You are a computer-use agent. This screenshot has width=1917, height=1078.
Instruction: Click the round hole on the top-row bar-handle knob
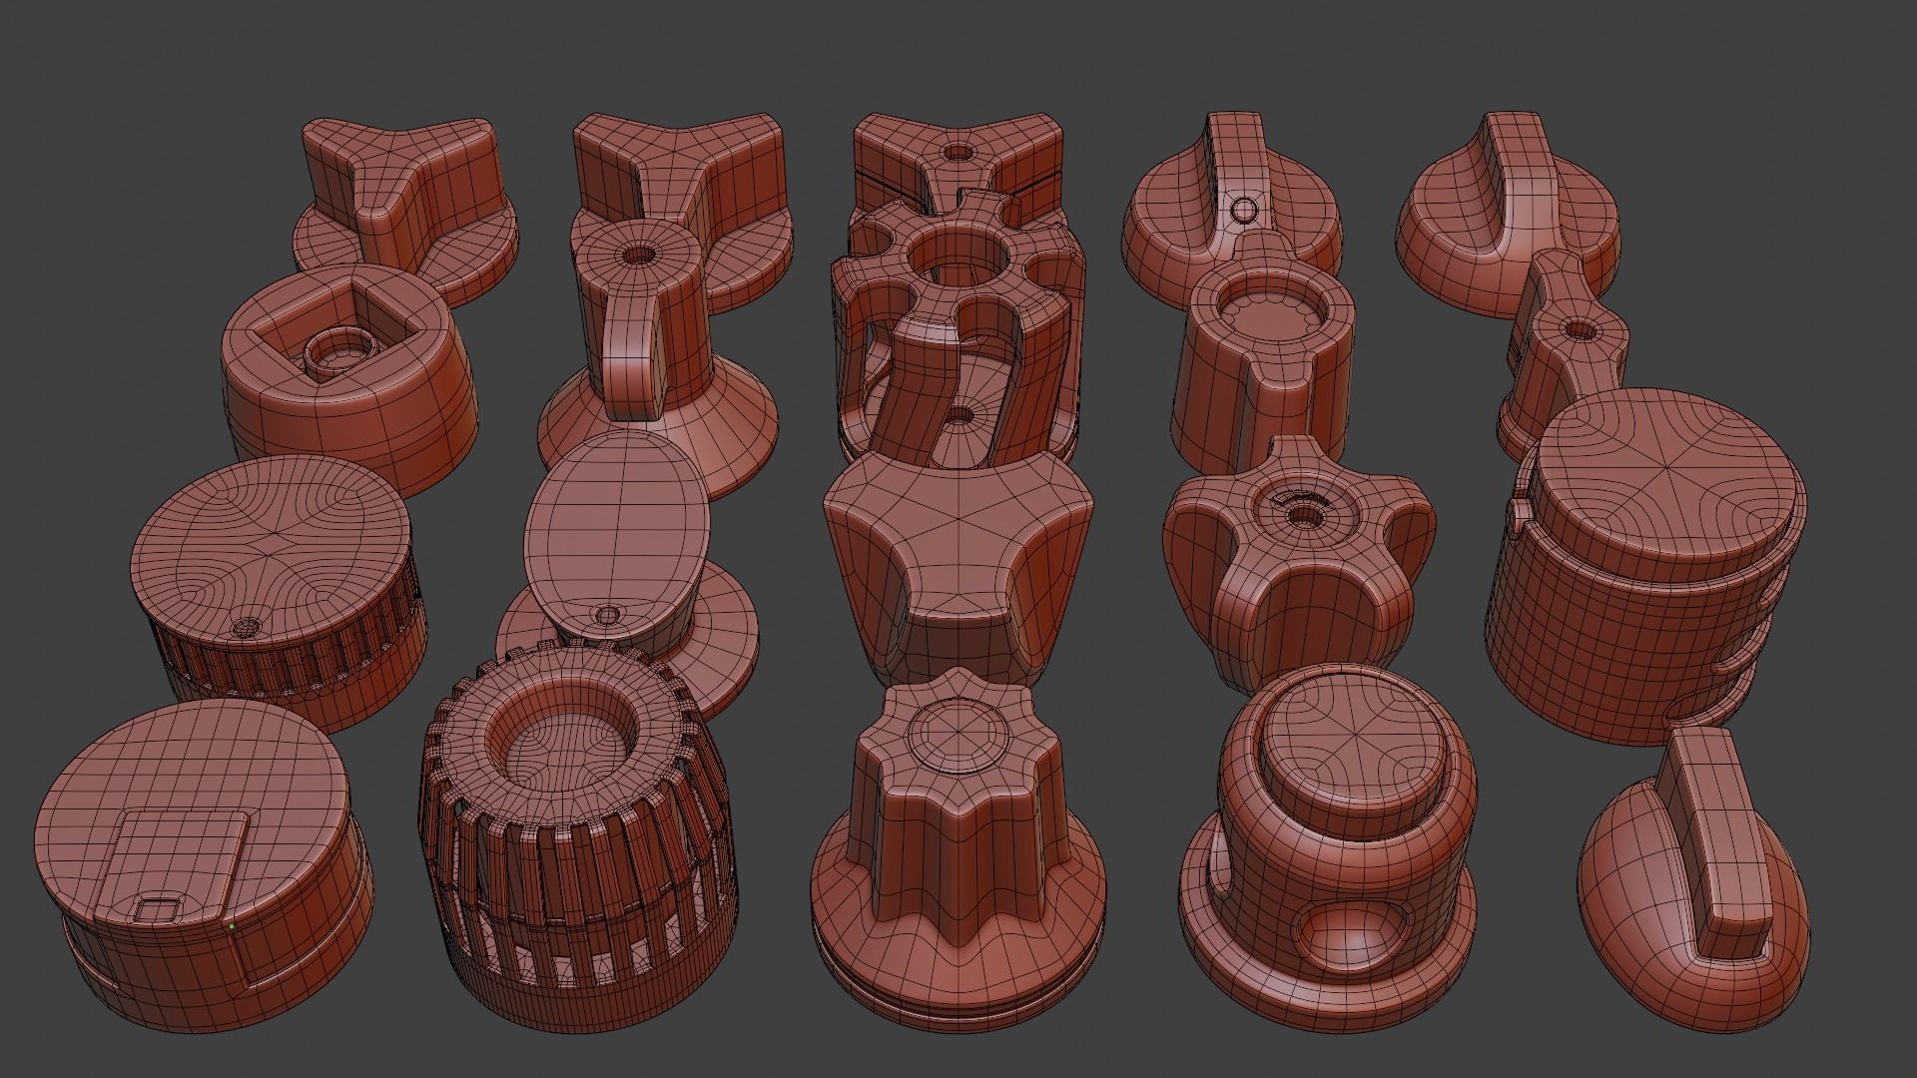[1244, 210]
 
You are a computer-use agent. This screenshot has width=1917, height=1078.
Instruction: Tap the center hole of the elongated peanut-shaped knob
[1576, 328]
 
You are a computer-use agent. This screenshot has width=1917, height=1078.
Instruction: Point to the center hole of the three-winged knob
[1302, 515]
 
